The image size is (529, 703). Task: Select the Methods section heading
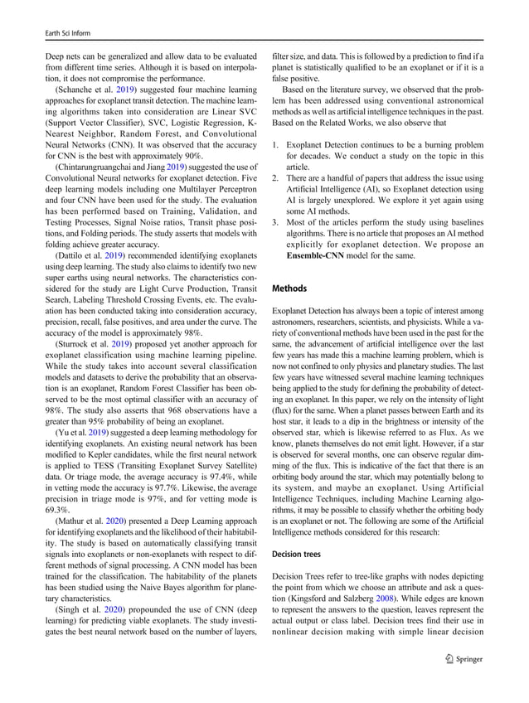[290, 288]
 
